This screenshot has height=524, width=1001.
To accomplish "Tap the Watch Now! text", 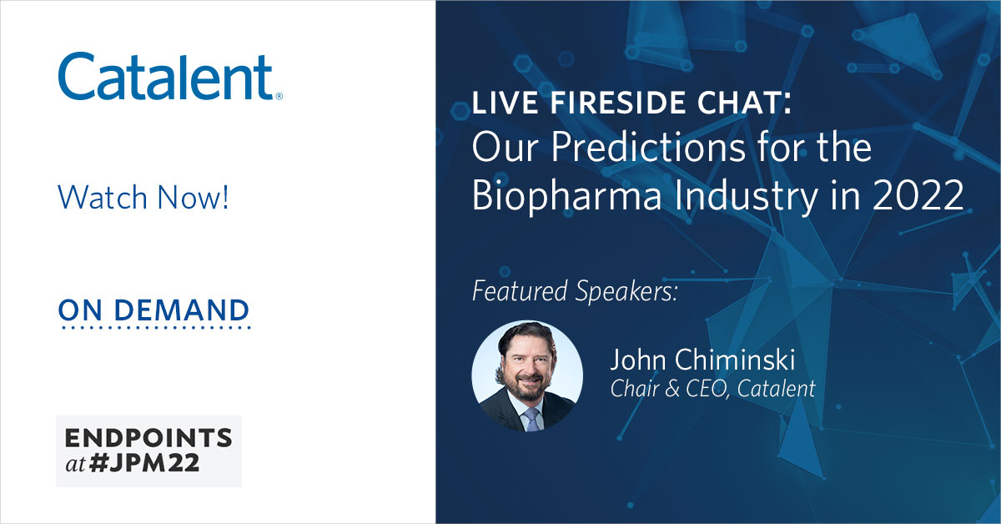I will click(x=143, y=198).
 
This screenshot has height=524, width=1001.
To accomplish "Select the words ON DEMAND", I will click(x=153, y=310).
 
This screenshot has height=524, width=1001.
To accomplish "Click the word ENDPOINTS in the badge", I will click(x=148, y=438).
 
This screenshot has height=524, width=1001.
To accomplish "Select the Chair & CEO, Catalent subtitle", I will click(x=712, y=388).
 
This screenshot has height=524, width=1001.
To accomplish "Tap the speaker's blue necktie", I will click(x=531, y=418).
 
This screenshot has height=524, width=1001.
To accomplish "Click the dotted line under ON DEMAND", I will click(x=153, y=328).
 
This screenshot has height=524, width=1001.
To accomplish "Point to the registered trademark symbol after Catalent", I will click(x=279, y=96).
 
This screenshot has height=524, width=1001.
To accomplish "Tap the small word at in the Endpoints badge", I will click(x=76, y=465).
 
